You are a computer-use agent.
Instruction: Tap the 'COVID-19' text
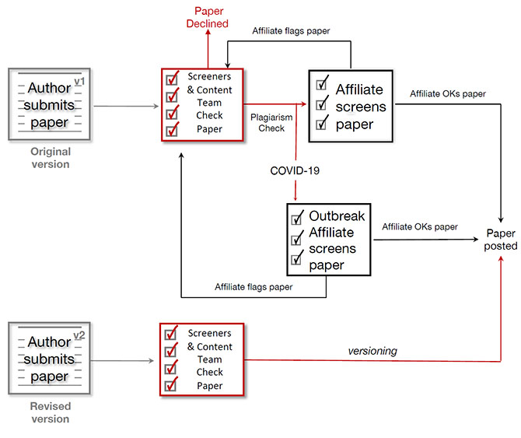[295, 170]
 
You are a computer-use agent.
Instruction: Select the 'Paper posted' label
[502, 239]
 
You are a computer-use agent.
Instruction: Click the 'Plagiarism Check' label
[271, 123]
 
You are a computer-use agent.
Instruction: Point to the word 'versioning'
[372, 351]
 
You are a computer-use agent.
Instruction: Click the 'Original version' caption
[51, 158]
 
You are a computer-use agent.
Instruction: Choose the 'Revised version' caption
[51, 413]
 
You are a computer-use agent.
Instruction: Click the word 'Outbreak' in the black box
[337, 215]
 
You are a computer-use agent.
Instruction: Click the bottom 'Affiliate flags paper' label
[254, 287]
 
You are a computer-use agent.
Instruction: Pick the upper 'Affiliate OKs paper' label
[448, 94]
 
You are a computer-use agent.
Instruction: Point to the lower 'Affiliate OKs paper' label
[420, 226]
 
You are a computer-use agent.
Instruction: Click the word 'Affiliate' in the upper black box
[361, 89]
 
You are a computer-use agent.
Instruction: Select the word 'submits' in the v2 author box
[50, 359]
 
